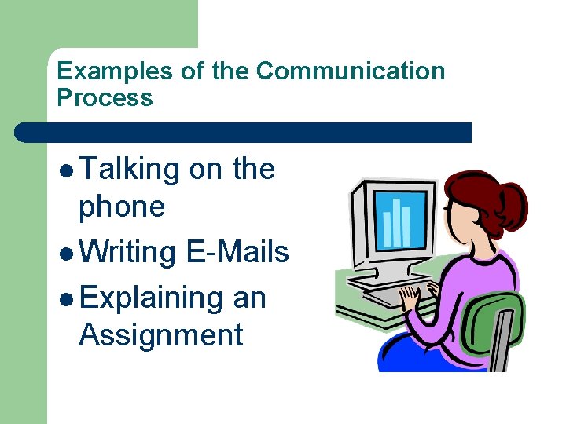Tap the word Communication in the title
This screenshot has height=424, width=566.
[x=351, y=71]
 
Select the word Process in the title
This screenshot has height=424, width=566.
[x=105, y=98]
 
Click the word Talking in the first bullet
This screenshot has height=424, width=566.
[x=129, y=170]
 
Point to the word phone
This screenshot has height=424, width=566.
[x=122, y=207]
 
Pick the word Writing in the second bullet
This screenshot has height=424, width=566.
[x=128, y=252]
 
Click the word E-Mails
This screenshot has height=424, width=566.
[x=237, y=252]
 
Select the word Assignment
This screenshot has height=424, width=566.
[x=160, y=335]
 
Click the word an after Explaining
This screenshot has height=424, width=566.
[x=249, y=298]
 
